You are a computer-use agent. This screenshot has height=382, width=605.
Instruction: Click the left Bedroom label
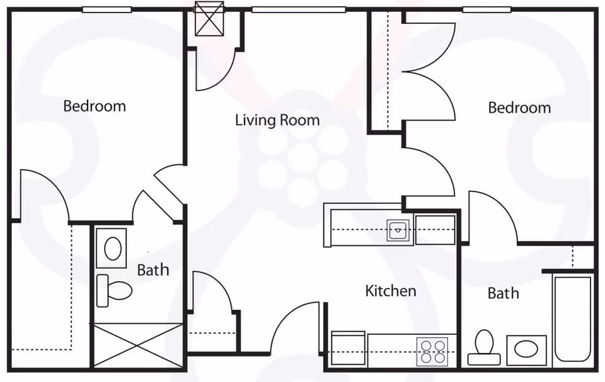coord(95,106)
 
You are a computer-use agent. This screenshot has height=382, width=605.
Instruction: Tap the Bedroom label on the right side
coord(519,108)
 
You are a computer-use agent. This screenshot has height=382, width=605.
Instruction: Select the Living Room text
coord(277,120)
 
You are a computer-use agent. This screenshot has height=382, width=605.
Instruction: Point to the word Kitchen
coord(391,291)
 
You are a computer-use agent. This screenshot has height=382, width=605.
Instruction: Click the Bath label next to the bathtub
coord(503,293)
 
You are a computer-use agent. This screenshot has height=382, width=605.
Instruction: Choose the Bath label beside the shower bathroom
coord(153,270)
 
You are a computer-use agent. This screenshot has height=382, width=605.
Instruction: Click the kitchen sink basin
coord(398,231)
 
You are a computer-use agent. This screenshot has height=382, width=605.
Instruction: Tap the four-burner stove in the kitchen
coord(432,351)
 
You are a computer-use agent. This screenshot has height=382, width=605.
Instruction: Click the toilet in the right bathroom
coord(484,348)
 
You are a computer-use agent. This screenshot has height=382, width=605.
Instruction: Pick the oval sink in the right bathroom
coord(527,349)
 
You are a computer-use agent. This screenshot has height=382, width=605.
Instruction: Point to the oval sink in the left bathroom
coord(112,248)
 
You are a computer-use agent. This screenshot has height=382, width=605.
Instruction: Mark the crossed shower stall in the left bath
coord(138,345)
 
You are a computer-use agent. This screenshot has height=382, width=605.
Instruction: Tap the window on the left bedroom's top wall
coord(107,9)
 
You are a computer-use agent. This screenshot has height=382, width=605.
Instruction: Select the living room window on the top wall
coord(299,9)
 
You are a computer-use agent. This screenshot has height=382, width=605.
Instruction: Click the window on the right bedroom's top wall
coord(486,9)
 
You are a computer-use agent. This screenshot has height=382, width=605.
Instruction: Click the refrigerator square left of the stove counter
coord(348,349)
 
